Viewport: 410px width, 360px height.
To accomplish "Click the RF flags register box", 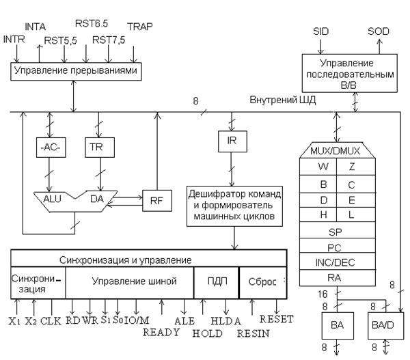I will click(154, 200).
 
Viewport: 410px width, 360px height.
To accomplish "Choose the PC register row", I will click(333, 247).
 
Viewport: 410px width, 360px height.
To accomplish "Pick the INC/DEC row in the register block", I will click(333, 262).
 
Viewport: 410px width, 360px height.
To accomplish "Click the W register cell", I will click(316, 167).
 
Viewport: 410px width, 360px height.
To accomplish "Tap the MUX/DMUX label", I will click(333, 150).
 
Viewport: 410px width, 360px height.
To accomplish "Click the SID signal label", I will click(321, 31).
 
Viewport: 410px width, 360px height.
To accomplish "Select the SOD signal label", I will click(378, 31).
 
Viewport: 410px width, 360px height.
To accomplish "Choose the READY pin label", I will click(161, 332).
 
